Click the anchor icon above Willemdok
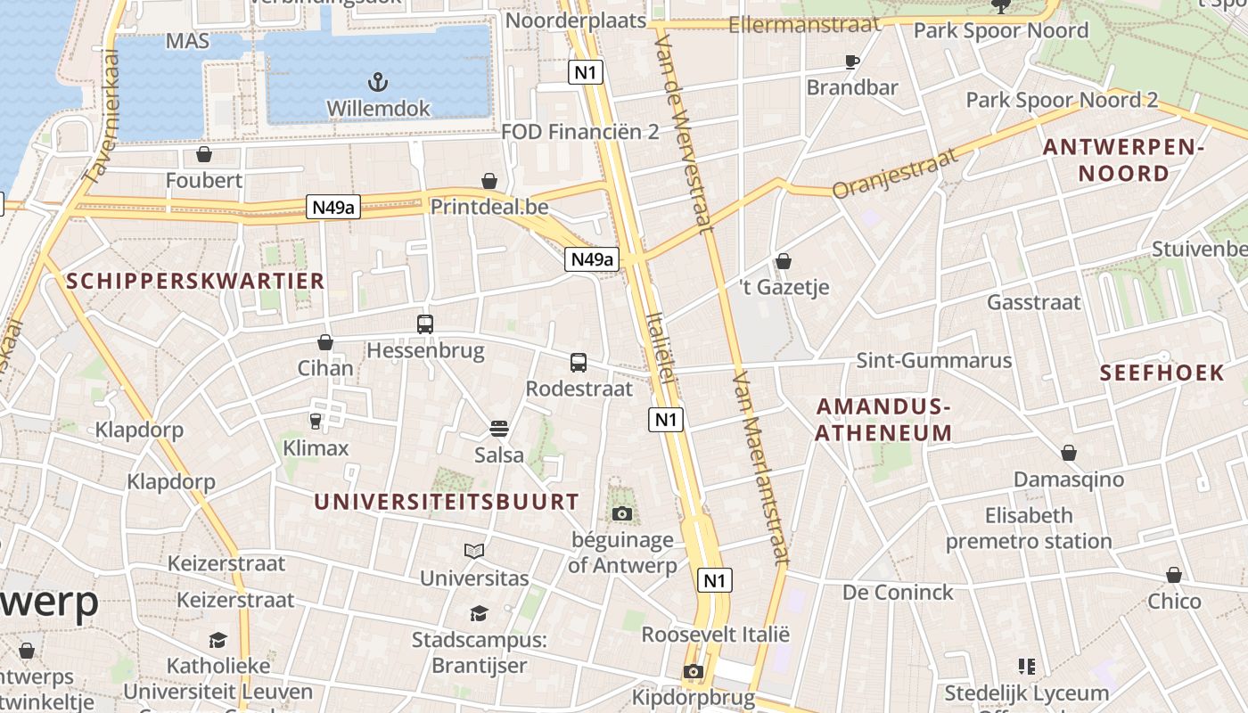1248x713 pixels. [379, 83]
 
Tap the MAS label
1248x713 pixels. [187, 41]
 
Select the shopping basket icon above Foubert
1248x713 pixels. [204, 155]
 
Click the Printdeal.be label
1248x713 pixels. [489, 207]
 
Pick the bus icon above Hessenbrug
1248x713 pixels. [425, 324]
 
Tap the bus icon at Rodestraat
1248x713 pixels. [579, 363]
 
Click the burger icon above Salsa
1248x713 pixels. [499, 430]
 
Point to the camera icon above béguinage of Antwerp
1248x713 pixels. [622, 513]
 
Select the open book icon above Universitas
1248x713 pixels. [474, 552]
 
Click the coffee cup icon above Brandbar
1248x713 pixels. [852, 61]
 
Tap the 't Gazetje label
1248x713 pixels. [784, 287]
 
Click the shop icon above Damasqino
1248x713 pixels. [1068, 454]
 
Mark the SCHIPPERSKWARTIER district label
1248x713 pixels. [195, 282]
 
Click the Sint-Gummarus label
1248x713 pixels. [934, 360]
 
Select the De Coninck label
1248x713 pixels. [898, 592]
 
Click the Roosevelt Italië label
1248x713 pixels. [716, 635]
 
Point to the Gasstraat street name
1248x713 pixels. [1033, 302]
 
